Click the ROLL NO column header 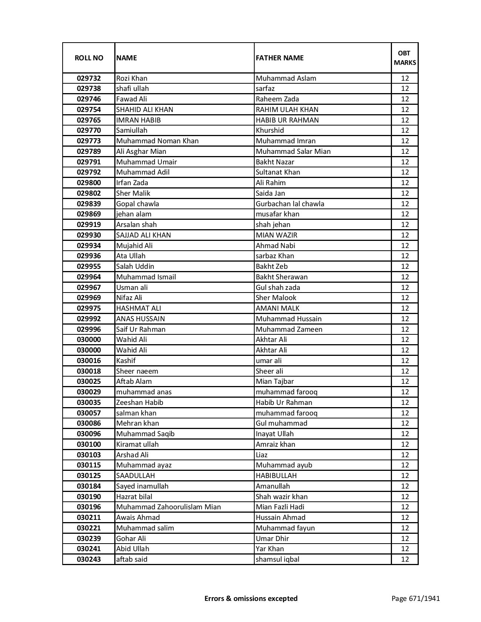[x=89, y=58]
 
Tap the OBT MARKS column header [x=405, y=58]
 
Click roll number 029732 [x=89, y=78]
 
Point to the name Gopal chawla [x=138, y=204]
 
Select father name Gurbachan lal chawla [x=290, y=204]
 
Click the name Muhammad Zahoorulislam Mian [x=168, y=507]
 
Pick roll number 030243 [x=89, y=559]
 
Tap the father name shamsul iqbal [x=277, y=559]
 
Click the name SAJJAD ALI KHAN [x=143, y=235]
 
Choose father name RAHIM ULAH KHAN [x=287, y=110]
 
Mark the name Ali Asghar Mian [x=141, y=152]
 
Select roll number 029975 [x=89, y=308]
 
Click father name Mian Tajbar [x=275, y=381]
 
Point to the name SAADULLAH [x=135, y=476]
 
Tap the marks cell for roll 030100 [x=405, y=444]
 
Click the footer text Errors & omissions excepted [x=251, y=599]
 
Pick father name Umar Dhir [x=272, y=539]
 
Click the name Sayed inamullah [x=142, y=486]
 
